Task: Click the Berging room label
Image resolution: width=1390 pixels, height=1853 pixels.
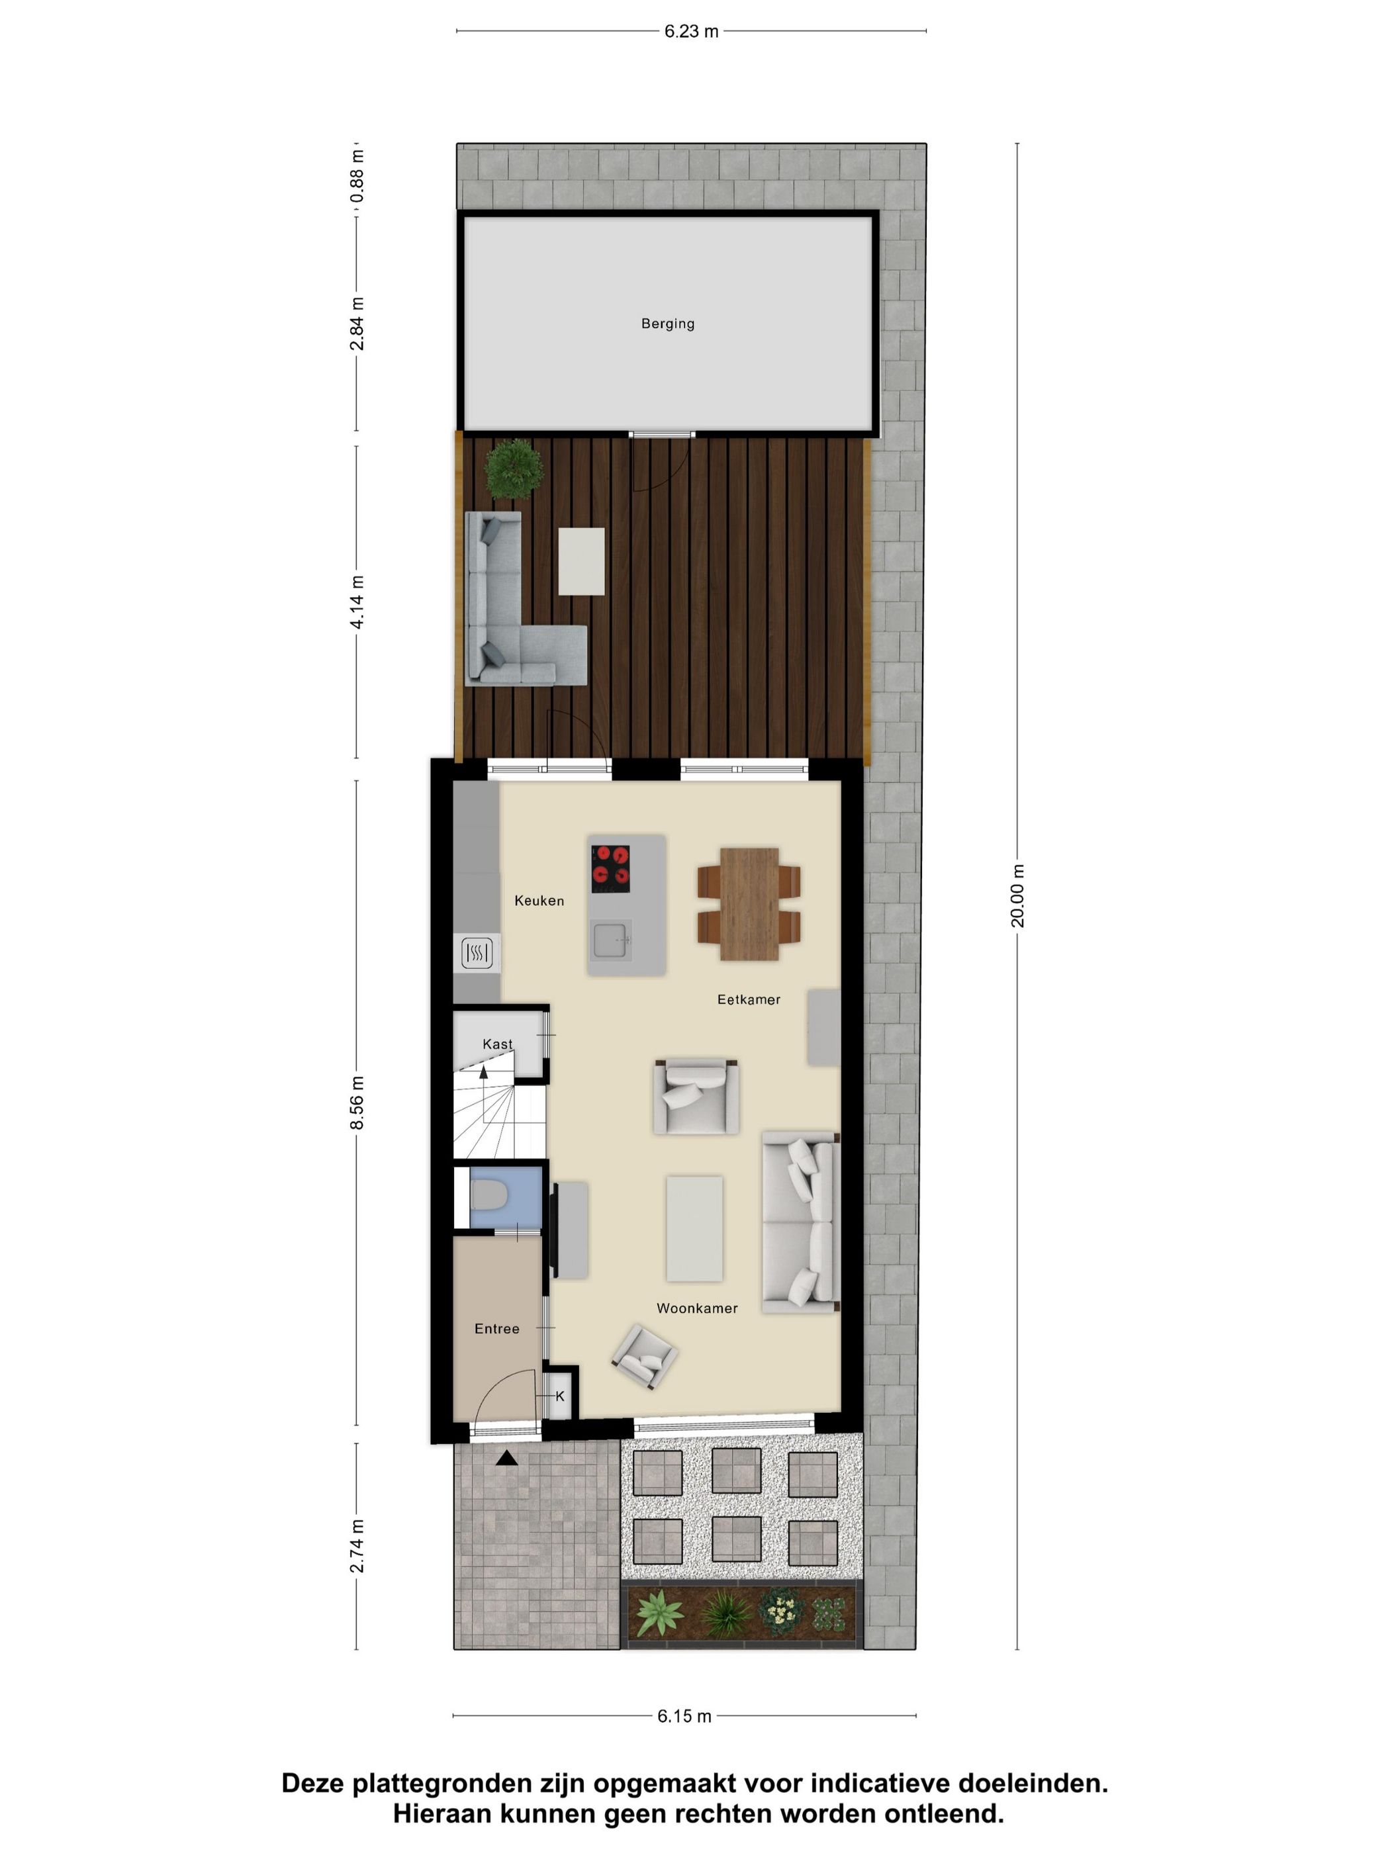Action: tap(667, 324)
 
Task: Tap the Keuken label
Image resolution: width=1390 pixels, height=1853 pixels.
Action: tap(539, 901)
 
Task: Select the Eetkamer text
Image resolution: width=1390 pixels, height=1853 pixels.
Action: tap(748, 999)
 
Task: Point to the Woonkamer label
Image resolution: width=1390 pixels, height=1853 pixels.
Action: tap(696, 1308)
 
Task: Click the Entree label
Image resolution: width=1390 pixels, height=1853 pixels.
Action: tap(497, 1329)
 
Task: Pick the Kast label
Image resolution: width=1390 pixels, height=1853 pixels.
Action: tap(497, 1044)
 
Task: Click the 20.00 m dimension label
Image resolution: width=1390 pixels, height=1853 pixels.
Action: tap(1017, 895)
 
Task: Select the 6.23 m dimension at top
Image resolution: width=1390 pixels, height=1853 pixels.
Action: tap(691, 32)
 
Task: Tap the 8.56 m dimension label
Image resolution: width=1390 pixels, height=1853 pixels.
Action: tap(357, 1103)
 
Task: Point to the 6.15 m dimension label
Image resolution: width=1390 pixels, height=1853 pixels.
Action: tap(684, 1715)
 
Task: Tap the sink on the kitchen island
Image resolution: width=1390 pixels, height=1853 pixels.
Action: tap(612, 939)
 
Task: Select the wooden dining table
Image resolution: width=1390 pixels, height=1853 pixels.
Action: tap(749, 903)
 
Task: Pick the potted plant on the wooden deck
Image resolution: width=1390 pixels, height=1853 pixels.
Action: tap(513, 469)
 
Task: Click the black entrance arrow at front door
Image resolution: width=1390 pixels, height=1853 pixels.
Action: tap(506, 1459)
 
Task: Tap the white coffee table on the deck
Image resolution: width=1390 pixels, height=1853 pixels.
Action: tap(581, 561)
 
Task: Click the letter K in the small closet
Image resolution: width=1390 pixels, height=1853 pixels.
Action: tap(560, 1396)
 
